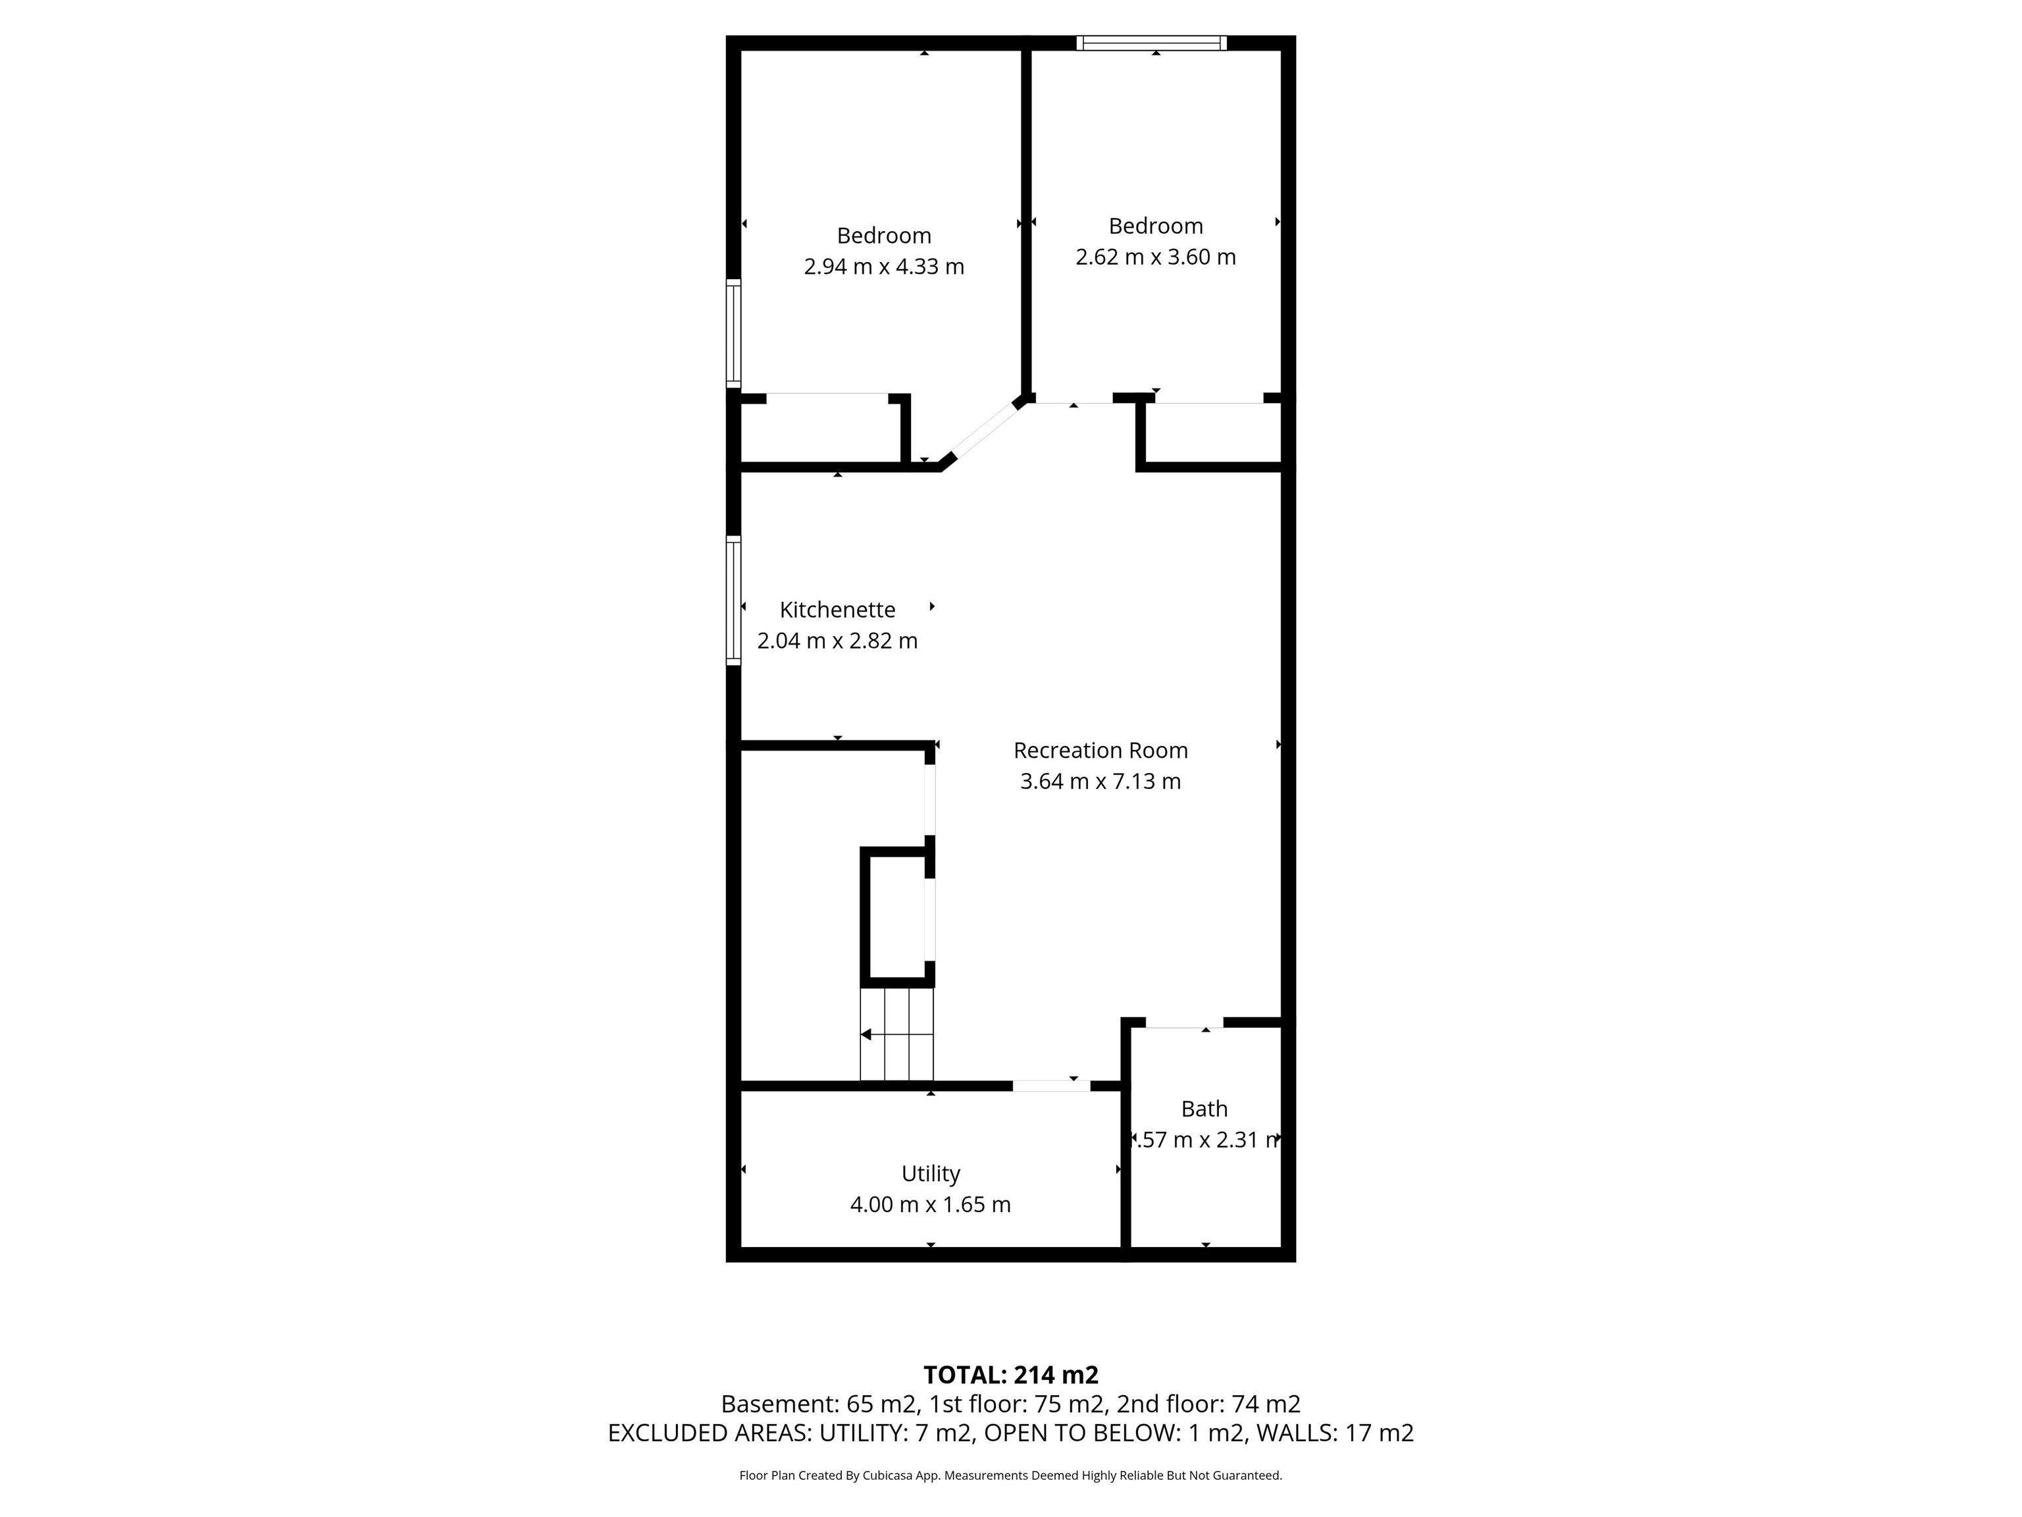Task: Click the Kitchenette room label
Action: tap(837, 610)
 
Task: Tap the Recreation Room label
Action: tap(1100, 751)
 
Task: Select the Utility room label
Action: tap(931, 1173)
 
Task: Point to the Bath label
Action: tap(1204, 1108)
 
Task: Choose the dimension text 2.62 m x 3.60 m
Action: tap(1155, 257)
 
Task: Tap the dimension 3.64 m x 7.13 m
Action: tap(1100, 782)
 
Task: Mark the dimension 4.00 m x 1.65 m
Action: tap(931, 1204)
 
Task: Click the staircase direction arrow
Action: tap(867, 1034)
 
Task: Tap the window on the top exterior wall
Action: tap(1151, 42)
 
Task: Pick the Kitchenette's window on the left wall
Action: tap(733, 600)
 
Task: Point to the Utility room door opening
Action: tap(1050, 1085)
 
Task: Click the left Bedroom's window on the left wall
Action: tap(733, 333)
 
